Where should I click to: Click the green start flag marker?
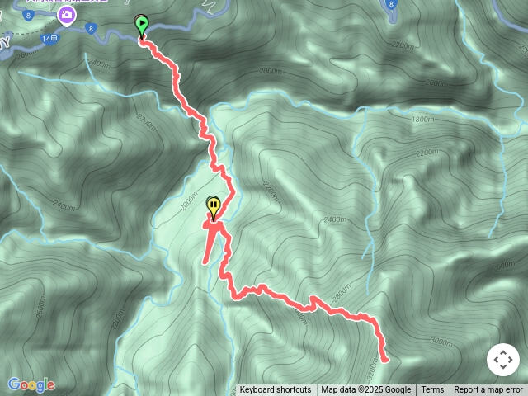pyautogui.click(x=142, y=25)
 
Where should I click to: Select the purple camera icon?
pyautogui.click(x=65, y=14)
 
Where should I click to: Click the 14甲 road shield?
pyautogui.click(x=49, y=38)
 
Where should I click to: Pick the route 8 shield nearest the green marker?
pyautogui.click(x=91, y=29)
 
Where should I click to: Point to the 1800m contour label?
pyautogui.click(x=422, y=119)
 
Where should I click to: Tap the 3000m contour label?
pyautogui.click(x=441, y=341)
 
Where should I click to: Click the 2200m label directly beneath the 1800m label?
pyautogui.click(x=427, y=153)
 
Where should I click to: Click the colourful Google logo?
pyautogui.click(x=31, y=384)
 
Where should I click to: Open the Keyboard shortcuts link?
pyautogui.click(x=276, y=390)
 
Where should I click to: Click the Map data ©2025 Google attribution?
pyautogui.click(x=365, y=390)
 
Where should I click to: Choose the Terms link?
pyautogui.click(x=432, y=390)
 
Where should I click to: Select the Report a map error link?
pyautogui.click(x=488, y=390)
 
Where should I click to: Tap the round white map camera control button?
pyautogui.click(x=503, y=361)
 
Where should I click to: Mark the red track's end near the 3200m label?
pyautogui.click(x=384, y=359)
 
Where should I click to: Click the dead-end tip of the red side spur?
pyautogui.click(x=205, y=262)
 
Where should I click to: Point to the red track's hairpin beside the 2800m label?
pyautogui.click(x=313, y=297)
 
